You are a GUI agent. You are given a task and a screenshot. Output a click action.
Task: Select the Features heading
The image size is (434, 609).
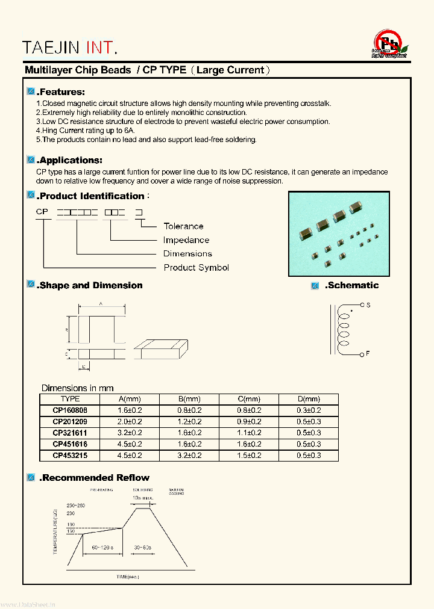(61, 92)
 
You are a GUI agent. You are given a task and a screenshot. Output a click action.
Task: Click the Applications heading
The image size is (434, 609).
(69, 161)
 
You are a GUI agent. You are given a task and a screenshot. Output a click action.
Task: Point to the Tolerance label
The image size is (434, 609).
(183, 226)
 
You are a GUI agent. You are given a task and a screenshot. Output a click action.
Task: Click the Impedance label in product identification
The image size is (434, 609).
(186, 240)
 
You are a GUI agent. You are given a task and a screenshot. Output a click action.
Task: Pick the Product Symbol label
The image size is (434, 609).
(196, 268)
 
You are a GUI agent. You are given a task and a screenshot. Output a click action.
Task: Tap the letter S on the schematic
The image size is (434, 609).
(368, 306)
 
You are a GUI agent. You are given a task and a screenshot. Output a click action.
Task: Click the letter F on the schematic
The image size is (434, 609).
(368, 354)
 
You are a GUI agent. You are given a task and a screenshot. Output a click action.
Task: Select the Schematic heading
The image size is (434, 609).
(352, 285)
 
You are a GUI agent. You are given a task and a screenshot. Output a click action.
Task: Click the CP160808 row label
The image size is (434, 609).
(70, 410)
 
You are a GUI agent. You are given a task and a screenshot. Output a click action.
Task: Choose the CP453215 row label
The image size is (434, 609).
(70, 456)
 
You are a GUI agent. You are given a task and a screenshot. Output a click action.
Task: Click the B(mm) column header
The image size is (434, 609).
(189, 399)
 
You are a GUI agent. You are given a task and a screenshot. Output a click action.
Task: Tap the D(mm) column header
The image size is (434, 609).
(308, 399)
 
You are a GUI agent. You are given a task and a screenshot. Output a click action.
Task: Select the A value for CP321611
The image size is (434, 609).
(129, 433)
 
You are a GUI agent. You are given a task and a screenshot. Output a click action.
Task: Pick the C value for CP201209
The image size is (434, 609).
(248, 421)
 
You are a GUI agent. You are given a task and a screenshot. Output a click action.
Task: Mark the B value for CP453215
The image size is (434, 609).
(189, 456)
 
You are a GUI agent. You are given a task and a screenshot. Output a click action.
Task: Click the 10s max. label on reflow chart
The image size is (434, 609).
(143, 499)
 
